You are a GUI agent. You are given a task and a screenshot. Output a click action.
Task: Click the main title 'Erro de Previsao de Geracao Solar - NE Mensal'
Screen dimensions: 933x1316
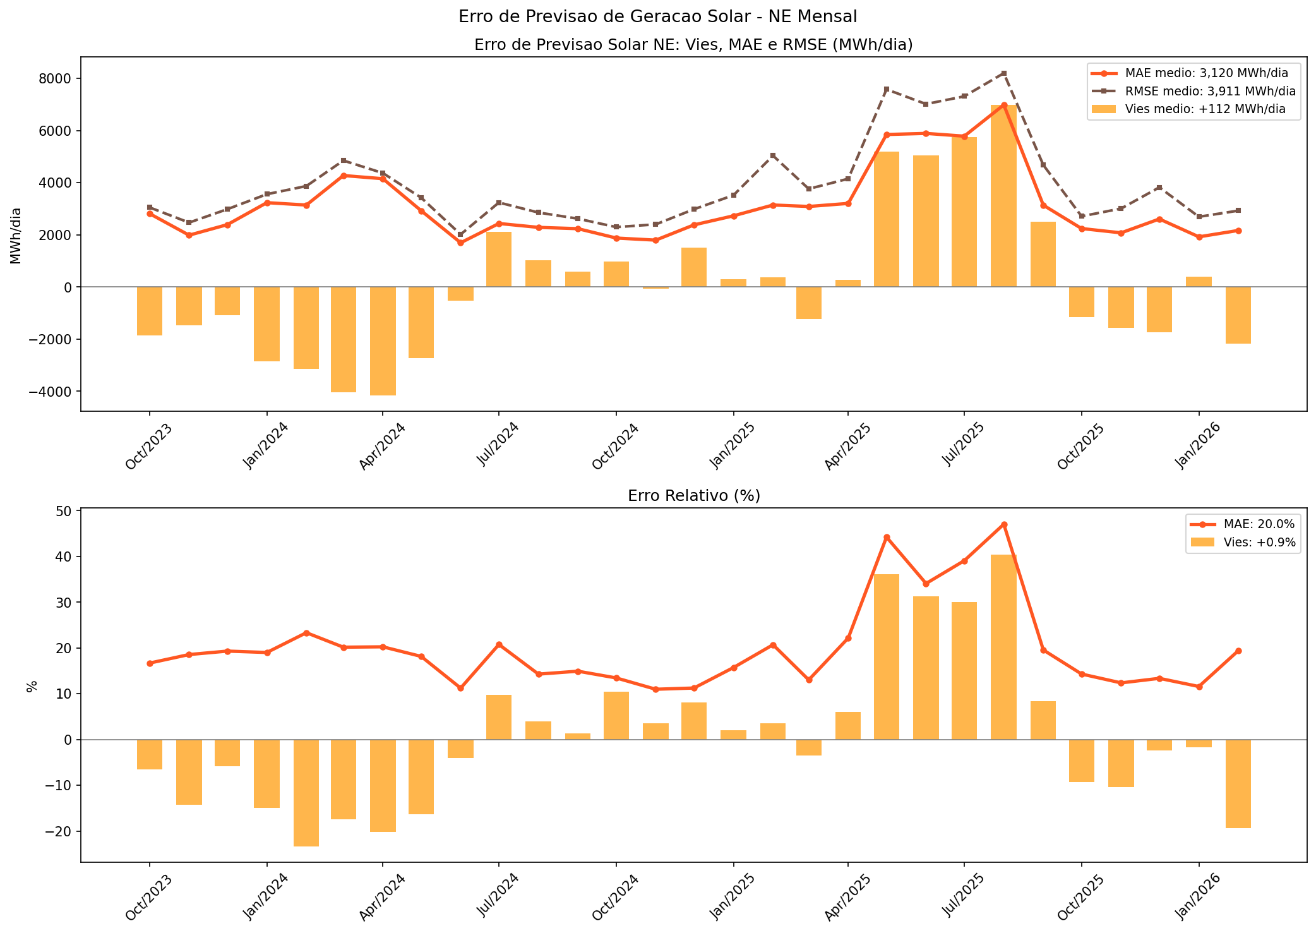click(x=657, y=16)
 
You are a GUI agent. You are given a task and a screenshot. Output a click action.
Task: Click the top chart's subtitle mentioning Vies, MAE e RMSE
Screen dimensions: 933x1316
click(x=693, y=45)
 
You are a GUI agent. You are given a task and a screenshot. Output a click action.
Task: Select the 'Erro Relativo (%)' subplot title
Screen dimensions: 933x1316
click(x=693, y=496)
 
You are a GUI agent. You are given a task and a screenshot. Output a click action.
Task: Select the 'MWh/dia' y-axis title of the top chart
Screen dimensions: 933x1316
click(x=16, y=235)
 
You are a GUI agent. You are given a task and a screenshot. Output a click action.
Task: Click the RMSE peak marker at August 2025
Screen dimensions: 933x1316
click(x=1004, y=73)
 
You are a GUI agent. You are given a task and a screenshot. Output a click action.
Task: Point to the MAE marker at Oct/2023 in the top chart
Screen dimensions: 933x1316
click(x=150, y=214)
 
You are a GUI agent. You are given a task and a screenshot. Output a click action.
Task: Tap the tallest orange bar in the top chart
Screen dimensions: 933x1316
click(x=1003, y=196)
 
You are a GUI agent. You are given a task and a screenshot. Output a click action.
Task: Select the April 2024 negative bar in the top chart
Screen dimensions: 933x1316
click(x=383, y=341)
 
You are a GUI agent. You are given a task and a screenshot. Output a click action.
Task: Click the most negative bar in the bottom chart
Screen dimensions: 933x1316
click(x=306, y=793)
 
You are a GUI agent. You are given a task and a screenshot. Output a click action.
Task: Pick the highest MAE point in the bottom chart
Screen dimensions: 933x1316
click(x=1004, y=524)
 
